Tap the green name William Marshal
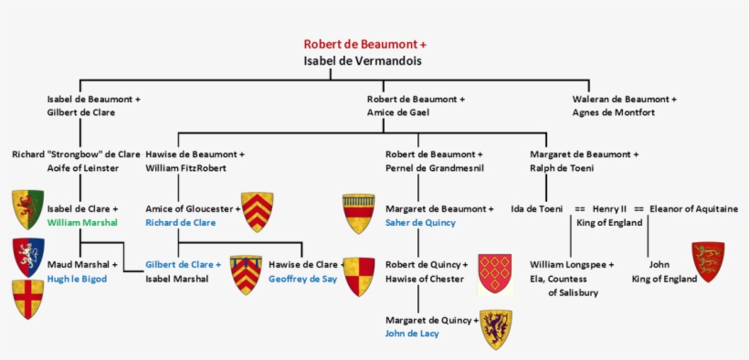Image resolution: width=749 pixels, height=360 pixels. coord(82,222)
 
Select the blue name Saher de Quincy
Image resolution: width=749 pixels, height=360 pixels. coord(420,222)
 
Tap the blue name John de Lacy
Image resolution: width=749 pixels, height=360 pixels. coord(412,334)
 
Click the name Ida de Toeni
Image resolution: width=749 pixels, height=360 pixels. coord(536,209)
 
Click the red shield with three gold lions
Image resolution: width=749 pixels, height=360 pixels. coord(708,261)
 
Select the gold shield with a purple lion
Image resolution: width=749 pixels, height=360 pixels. coord(496,329)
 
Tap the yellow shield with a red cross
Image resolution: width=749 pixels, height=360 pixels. coord(27,299)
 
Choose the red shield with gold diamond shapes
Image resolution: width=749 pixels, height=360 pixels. coord(495,273)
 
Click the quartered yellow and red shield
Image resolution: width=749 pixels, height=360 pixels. coord(359,276)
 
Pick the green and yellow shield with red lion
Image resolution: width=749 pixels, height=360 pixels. coord(27,210)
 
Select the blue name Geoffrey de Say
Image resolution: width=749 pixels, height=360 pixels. coord(302,279)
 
